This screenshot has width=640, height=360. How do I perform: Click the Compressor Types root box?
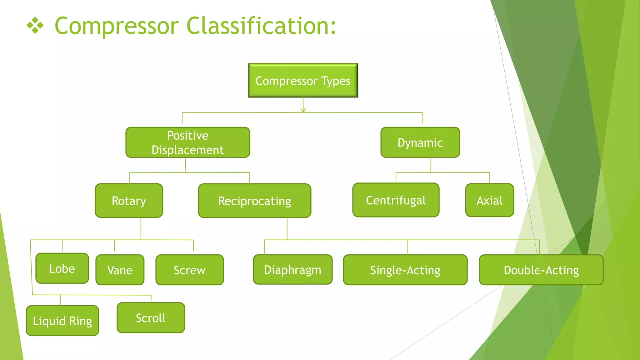pos(303,81)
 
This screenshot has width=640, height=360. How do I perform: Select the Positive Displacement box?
pos(187,142)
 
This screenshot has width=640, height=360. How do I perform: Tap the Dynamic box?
pos(420,142)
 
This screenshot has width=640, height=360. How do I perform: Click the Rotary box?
pos(129,201)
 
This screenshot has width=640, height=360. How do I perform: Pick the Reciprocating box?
pos(254,201)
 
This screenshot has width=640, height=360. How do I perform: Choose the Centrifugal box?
pos(396,200)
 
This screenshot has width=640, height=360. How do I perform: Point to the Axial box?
pos(489,200)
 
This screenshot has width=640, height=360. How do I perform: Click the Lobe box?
pos(62,268)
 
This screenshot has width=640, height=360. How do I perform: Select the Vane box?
pos(120,270)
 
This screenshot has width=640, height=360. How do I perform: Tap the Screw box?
pos(189,270)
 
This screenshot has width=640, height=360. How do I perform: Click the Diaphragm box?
pos(292,270)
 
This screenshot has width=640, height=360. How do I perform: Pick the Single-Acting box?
pos(405,270)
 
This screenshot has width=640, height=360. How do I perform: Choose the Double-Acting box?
pos(541,270)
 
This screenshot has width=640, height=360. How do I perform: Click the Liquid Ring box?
pos(62,321)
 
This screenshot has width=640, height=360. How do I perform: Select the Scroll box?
pos(151,318)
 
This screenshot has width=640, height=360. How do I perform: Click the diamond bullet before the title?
pos(35,26)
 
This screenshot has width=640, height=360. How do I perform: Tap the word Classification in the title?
pos(261,26)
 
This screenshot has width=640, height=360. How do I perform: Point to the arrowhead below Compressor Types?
pos(303,110)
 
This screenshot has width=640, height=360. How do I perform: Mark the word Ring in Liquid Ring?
pos(80,321)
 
